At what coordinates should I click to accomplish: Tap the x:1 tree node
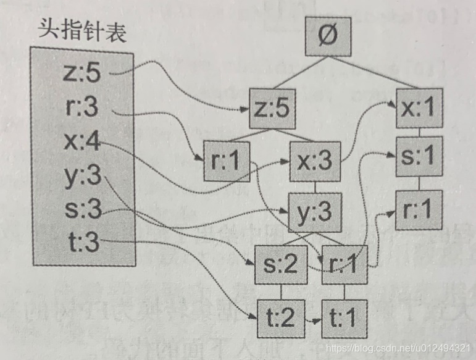(420, 109)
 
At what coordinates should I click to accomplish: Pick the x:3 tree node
(314, 161)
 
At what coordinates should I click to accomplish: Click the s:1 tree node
(420, 155)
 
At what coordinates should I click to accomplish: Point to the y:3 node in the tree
(314, 211)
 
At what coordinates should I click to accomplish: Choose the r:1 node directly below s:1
(420, 211)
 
